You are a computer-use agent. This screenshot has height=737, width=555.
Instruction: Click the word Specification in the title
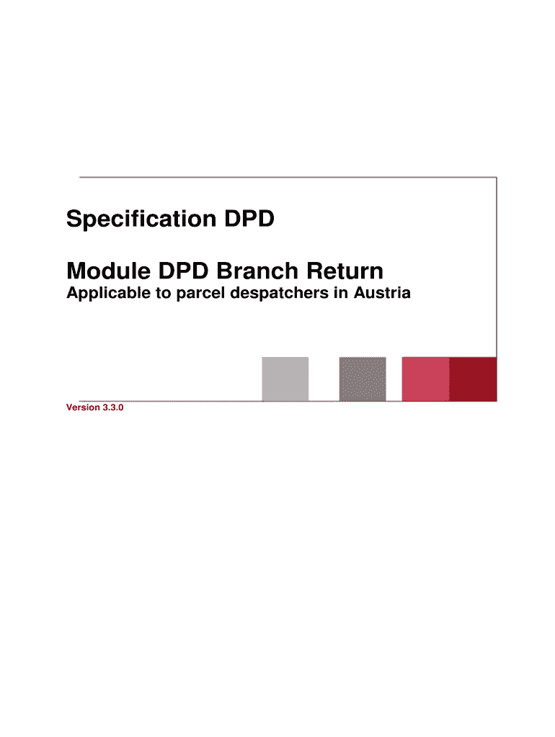[141, 220]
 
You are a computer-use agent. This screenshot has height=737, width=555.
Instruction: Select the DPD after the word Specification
[249, 219]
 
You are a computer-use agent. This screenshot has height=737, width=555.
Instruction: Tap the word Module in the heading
[109, 271]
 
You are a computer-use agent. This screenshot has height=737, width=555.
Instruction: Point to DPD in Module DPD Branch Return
[183, 271]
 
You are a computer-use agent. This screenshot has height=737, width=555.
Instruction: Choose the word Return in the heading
[345, 271]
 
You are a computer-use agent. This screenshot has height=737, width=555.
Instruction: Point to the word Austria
[382, 293]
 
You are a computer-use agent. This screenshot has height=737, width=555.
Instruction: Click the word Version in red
[83, 407]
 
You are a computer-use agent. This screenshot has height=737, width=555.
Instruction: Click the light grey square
[285, 379]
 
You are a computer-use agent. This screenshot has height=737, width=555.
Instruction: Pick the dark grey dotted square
[363, 379]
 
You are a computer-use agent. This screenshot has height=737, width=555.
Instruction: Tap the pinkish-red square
[425, 379]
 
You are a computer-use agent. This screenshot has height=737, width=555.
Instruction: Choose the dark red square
[473, 379]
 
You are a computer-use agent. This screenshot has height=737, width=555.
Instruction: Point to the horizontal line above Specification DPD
[288, 177]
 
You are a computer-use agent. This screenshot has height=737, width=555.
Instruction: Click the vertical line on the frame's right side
[497, 267]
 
